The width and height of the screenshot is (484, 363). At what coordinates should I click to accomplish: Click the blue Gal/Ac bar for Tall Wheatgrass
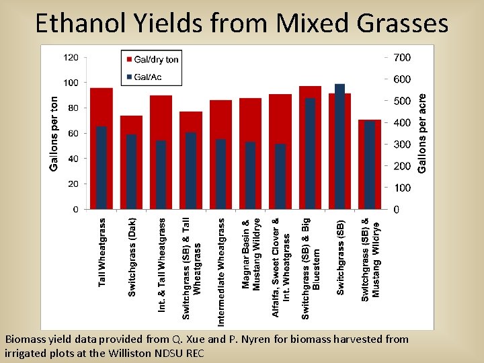pos(102,168)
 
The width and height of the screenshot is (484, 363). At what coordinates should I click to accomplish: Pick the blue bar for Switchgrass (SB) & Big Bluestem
pos(310,154)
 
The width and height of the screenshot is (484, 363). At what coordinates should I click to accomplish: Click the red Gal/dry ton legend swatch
pos(128,60)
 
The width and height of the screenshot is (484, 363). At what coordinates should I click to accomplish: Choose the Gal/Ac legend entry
pos(148,77)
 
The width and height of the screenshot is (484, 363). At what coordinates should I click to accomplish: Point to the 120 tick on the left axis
pos(71,58)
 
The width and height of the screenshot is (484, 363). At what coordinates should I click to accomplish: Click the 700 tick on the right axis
pos(403,58)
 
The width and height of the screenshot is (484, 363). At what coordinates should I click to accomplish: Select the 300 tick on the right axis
pos(403,145)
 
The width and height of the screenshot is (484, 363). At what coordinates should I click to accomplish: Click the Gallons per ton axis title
pos(54,132)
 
